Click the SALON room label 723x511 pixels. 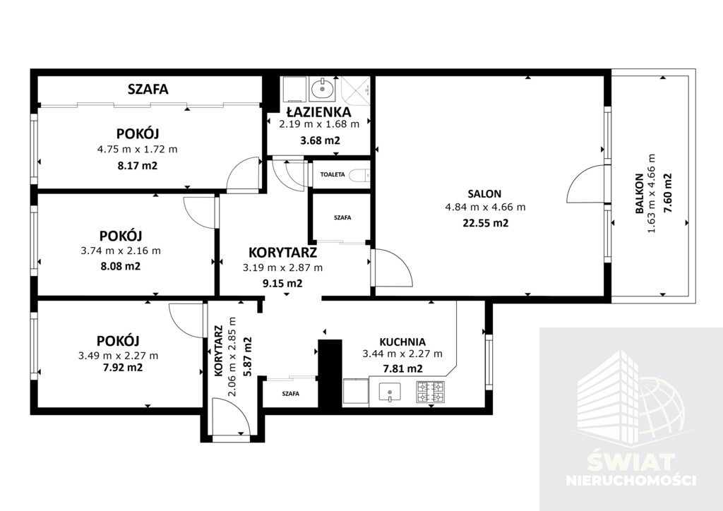[x=484, y=194]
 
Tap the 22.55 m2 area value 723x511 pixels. [x=485, y=223]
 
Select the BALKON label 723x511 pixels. [x=639, y=193]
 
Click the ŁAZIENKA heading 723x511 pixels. [x=318, y=112]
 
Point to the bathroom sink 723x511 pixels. [x=322, y=88]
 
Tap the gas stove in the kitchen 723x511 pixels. [x=430, y=392]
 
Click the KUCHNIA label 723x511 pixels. [x=402, y=342]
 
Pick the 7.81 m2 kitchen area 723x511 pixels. [x=403, y=368]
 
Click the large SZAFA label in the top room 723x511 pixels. [x=148, y=89]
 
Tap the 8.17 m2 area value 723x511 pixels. [x=138, y=165]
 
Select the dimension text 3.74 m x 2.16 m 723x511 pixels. [x=121, y=251]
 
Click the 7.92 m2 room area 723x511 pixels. [x=116, y=368]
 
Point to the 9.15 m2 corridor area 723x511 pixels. [x=282, y=283]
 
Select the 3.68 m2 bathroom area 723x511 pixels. [x=320, y=140]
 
